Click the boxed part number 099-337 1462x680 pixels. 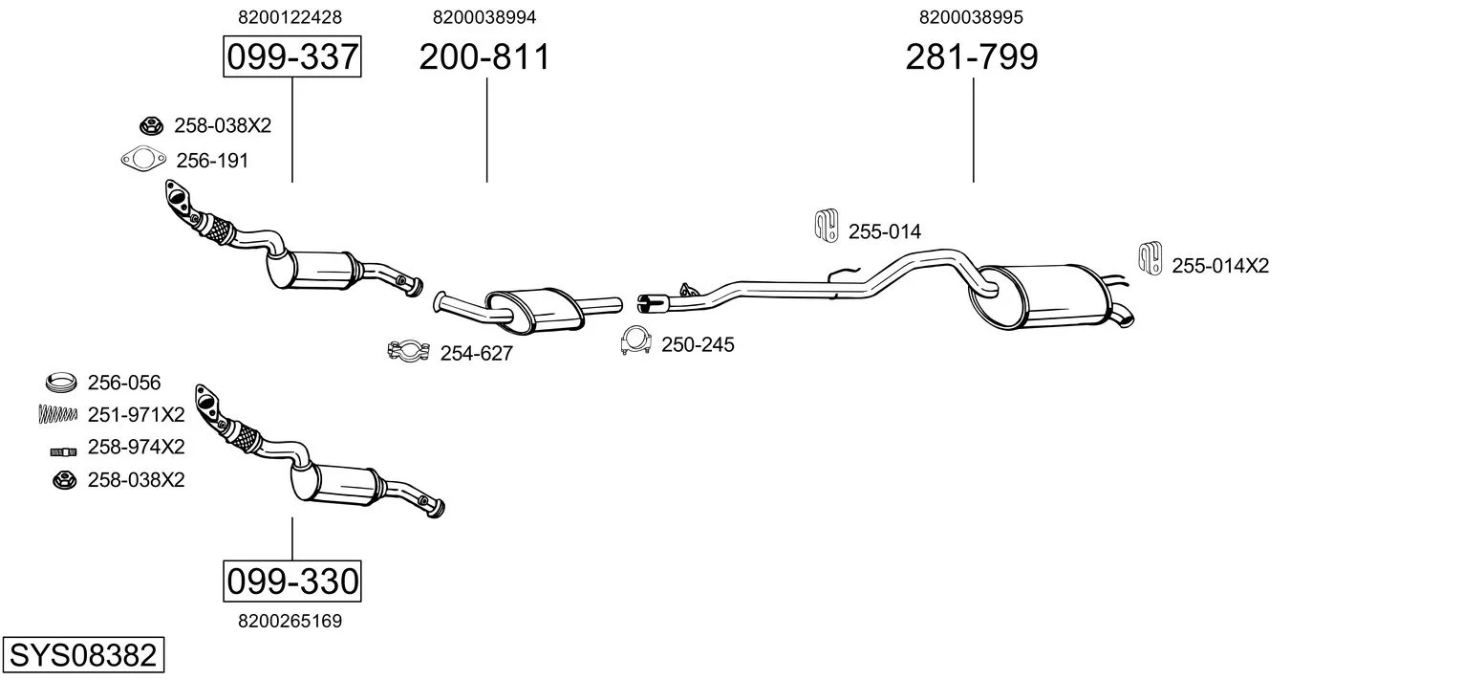[291, 57]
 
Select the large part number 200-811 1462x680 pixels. [485, 57]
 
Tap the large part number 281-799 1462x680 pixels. [972, 57]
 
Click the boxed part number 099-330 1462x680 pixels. [291, 581]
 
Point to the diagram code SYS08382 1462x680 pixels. [82, 656]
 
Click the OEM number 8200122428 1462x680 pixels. [290, 17]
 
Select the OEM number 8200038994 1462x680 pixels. [484, 17]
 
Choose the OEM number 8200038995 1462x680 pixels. [971, 17]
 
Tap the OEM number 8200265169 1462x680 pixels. [290, 621]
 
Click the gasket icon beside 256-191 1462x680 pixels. [140, 160]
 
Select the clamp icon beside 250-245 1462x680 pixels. [635, 341]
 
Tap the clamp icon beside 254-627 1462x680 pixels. [409, 351]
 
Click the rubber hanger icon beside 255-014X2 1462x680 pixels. [1150, 258]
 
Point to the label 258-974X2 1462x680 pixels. [136, 448]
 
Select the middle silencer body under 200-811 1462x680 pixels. [539, 305]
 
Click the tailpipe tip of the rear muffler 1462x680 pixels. [1125, 317]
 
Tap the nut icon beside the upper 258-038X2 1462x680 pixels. [150, 125]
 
